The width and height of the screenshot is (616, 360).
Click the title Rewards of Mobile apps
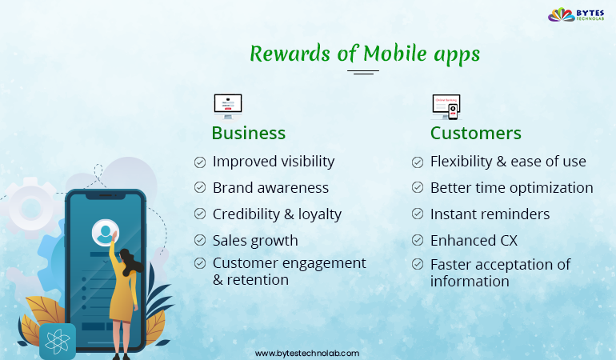364,54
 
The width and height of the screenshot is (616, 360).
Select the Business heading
248,133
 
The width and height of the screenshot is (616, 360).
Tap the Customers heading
475,133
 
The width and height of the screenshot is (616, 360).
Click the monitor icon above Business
227,105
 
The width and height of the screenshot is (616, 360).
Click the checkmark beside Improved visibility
200,162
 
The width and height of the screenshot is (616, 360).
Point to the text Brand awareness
270,188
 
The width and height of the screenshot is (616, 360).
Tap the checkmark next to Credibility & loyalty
200,214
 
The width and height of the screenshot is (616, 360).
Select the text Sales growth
255,240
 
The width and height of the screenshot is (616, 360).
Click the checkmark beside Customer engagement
200,263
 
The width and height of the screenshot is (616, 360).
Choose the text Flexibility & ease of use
508,162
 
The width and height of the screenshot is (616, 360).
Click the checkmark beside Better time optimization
418,188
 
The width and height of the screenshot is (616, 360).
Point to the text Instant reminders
490,214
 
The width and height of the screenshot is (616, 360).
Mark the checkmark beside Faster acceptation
418,264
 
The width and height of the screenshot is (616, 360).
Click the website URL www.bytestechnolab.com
307,353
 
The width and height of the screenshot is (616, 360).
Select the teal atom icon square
58,342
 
